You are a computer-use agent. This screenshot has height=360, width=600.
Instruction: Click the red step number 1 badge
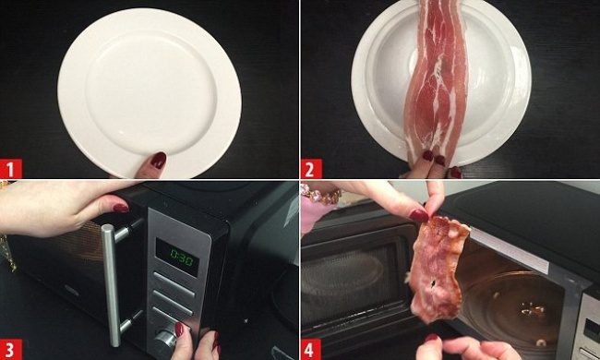click(x=11, y=169)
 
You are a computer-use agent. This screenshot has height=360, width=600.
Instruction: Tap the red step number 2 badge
click(x=311, y=169)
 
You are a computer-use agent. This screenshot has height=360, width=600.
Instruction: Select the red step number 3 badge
click(x=11, y=350)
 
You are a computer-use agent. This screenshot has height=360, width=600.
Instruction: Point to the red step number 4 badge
click(x=311, y=350)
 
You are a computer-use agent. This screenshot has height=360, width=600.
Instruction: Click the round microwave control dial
click(x=165, y=339)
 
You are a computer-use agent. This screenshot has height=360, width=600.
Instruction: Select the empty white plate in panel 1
click(x=150, y=92)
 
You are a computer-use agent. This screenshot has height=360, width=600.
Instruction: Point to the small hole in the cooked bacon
click(x=432, y=284)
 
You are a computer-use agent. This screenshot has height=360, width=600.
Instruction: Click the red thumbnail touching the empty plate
click(x=158, y=160)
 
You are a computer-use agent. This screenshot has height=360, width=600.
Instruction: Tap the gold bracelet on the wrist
click(x=321, y=195)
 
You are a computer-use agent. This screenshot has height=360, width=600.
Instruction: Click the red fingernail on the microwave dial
click(x=179, y=329)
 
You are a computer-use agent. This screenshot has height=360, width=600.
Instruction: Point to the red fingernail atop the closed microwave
click(x=121, y=208)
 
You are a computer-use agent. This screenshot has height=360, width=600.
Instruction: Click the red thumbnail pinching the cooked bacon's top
click(x=419, y=215)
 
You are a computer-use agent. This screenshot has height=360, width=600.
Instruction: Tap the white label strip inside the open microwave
click(x=509, y=249)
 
